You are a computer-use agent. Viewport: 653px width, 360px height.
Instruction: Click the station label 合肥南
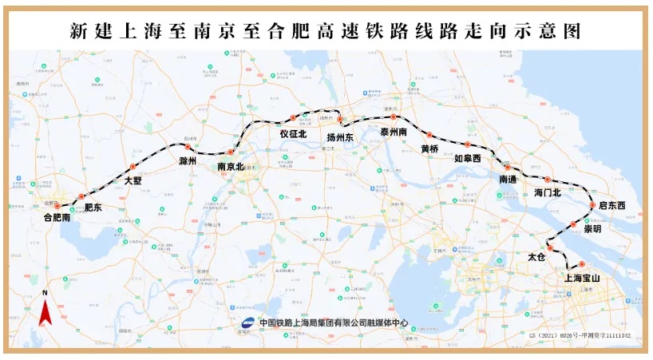(57, 216)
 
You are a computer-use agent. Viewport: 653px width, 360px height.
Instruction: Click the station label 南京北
(231, 167)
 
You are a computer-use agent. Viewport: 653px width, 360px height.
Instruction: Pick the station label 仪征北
(293, 135)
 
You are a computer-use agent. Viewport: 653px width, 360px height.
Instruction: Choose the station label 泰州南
(394, 131)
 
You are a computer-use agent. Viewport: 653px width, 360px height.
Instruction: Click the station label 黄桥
(429, 148)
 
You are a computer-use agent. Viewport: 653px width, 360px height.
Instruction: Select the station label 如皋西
(468, 159)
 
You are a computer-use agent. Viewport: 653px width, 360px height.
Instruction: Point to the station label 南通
(508, 180)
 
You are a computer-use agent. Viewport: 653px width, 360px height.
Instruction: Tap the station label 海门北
(548, 192)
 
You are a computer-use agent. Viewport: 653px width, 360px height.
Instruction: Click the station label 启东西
(611, 206)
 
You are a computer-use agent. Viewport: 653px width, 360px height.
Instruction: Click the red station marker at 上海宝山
(582, 264)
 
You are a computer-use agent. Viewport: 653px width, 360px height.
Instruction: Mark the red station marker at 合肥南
(57, 205)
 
